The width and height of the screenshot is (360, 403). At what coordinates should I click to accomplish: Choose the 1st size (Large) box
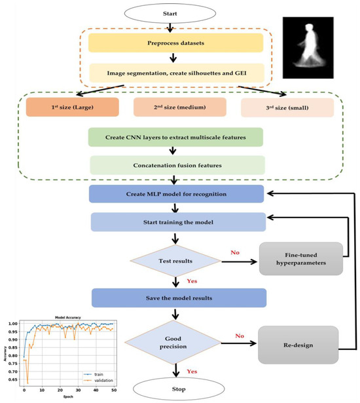click(x=63, y=106)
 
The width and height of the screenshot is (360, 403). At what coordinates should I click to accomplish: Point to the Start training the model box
click(x=179, y=222)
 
